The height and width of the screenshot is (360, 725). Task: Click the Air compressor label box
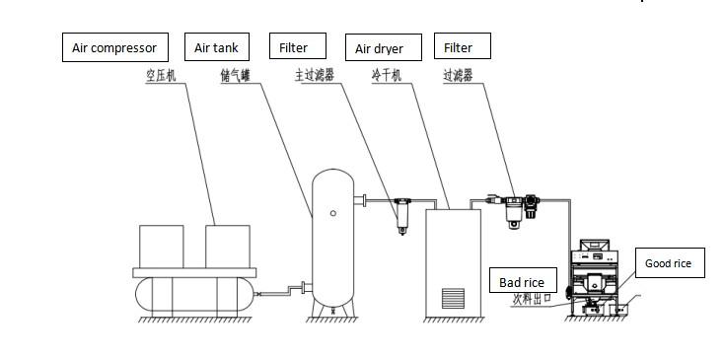(x=115, y=47)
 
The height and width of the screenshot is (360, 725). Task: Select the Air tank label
(x=217, y=46)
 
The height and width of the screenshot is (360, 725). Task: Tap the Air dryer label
(x=384, y=47)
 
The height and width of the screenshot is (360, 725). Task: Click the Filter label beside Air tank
(x=298, y=45)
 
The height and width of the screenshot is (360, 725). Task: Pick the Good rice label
(x=670, y=263)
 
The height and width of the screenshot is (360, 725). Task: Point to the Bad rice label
(x=523, y=280)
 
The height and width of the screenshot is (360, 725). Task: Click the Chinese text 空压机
(x=161, y=76)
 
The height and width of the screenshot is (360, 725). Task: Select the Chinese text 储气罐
(x=235, y=76)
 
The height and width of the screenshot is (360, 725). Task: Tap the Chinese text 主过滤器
(x=315, y=76)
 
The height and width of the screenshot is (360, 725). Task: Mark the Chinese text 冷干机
(x=386, y=76)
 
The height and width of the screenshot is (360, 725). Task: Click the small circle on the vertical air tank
(x=333, y=213)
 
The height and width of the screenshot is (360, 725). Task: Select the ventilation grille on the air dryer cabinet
(x=453, y=298)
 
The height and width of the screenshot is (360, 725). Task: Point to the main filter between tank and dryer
(x=402, y=215)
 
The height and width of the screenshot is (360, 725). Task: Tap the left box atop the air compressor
(x=162, y=247)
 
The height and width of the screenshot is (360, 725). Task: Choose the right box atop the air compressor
(x=228, y=247)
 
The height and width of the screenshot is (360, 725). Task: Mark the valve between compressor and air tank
(x=259, y=294)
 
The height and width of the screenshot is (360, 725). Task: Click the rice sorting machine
(x=593, y=277)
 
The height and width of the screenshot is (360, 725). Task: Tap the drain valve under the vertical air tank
(x=333, y=311)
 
